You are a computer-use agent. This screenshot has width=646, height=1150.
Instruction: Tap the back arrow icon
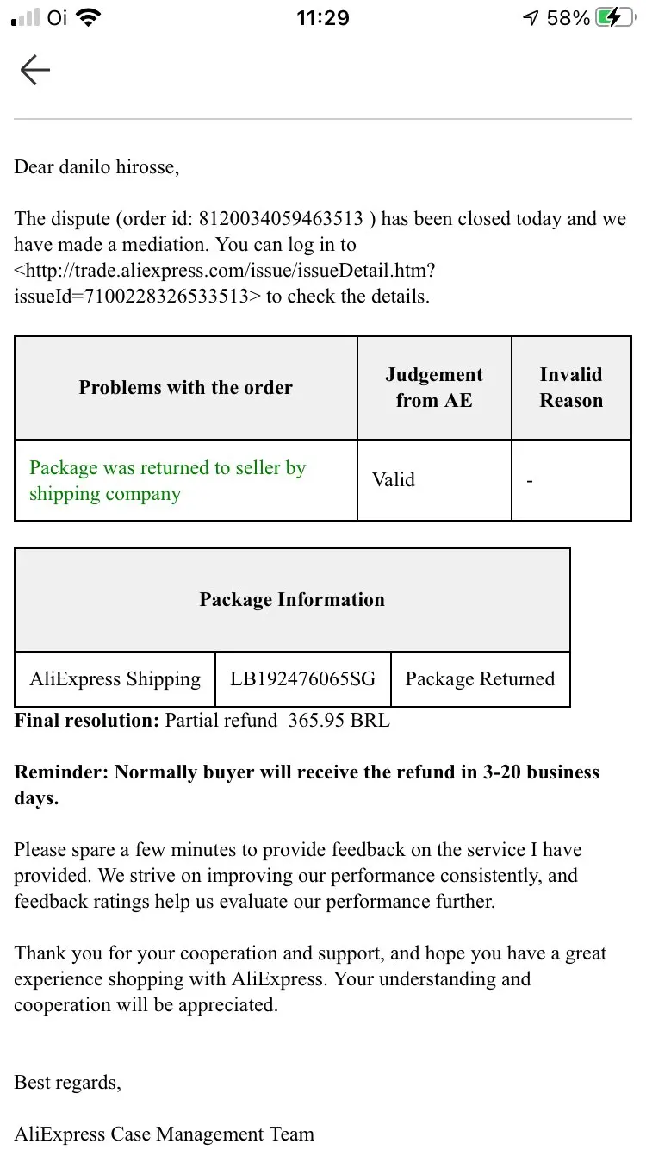click(x=35, y=70)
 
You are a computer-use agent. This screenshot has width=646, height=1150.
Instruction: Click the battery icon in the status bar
click(x=615, y=18)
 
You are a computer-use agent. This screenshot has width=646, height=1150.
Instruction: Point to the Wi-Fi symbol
click(x=87, y=18)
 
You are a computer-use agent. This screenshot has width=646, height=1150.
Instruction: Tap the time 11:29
click(x=323, y=18)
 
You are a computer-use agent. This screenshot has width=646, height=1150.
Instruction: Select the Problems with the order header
click(x=186, y=388)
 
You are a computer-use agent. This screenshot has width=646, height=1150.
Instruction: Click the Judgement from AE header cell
click(x=434, y=388)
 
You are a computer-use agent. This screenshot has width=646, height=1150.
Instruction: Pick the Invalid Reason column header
click(x=571, y=388)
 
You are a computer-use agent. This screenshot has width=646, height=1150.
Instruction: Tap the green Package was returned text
click(x=168, y=481)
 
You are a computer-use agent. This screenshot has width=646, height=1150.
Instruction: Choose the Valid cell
click(x=394, y=480)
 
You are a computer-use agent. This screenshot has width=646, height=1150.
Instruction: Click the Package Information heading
click(x=292, y=600)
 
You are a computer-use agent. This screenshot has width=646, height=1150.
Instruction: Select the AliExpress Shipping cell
click(x=115, y=679)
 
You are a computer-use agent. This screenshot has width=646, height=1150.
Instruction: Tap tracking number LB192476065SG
click(x=303, y=679)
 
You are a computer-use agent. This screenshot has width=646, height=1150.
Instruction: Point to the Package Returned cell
click(x=480, y=679)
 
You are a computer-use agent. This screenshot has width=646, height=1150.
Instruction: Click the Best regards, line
click(x=68, y=1083)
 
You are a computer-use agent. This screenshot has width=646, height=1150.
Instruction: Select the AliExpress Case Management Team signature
click(x=164, y=1134)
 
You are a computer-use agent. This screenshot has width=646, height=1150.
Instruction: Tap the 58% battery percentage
click(x=568, y=18)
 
